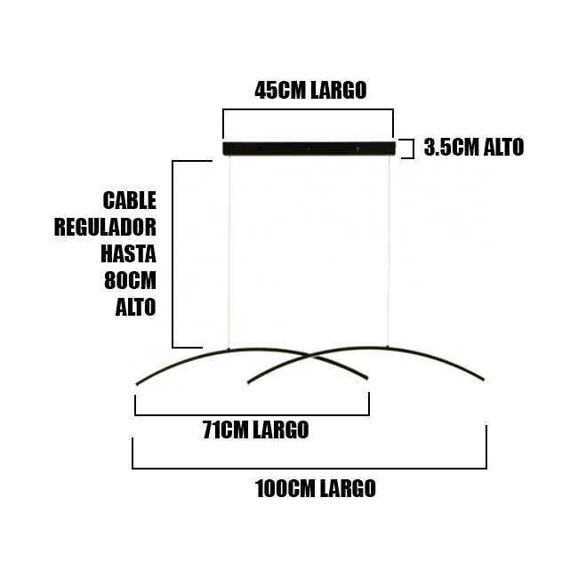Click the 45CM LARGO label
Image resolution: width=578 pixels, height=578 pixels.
click(310, 90)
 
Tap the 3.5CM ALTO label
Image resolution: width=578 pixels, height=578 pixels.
click(473, 148)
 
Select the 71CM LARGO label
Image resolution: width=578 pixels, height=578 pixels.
click(255, 430)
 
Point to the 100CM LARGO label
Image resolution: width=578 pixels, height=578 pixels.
click(315, 488)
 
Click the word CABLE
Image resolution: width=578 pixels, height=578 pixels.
click(130, 199)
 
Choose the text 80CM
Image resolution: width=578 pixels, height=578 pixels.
click(131, 281)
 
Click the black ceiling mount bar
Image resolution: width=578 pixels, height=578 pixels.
click(308, 148)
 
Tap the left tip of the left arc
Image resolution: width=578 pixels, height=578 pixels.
click(137, 384)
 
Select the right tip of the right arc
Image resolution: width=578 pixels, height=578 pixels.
click(484, 380)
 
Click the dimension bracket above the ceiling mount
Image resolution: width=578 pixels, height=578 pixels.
click(308, 110)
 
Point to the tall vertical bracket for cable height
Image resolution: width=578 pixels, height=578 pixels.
click(173, 253)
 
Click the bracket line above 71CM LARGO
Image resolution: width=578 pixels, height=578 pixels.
click(252, 414)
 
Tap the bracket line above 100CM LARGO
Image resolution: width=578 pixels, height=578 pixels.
click(309, 467)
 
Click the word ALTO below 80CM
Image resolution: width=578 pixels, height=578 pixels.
click(135, 308)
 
